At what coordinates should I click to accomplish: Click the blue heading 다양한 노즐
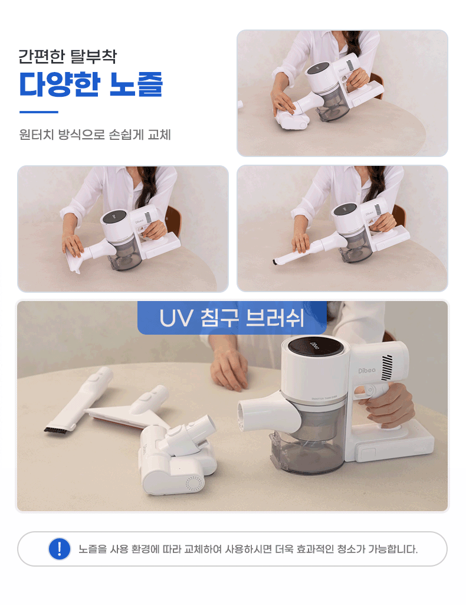91,84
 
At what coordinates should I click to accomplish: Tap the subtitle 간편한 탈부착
67,56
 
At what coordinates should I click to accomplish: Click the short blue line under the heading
38,112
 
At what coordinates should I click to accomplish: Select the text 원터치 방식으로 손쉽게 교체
95,135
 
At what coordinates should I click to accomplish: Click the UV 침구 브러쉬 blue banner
232,318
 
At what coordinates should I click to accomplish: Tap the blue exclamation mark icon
60,548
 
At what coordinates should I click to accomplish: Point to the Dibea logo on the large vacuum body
366,371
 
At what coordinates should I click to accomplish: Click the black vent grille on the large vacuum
387,367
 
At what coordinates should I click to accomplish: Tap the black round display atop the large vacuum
314,345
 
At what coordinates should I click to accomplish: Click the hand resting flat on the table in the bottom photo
230,371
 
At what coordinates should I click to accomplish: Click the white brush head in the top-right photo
292,119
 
